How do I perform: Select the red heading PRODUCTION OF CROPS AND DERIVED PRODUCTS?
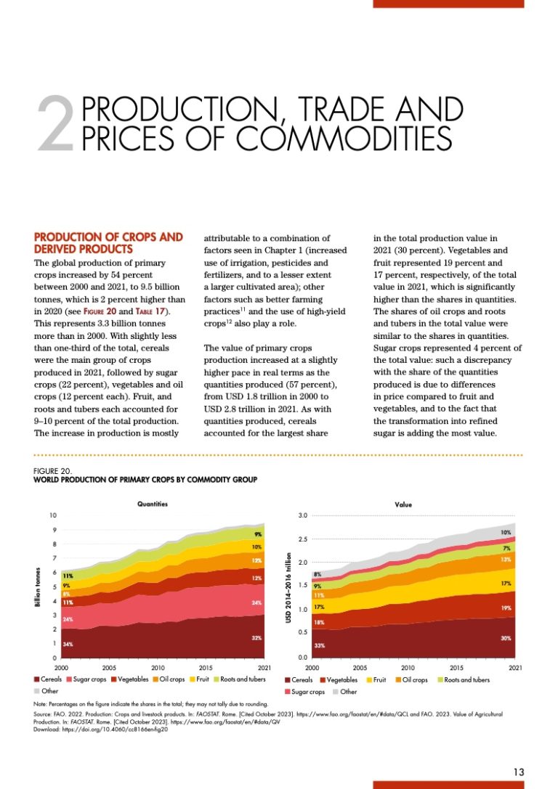[108, 242]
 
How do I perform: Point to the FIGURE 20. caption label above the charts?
[53, 470]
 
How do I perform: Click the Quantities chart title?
[153, 503]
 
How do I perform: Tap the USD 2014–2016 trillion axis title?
[288, 586]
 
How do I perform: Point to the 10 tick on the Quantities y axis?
[52, 515]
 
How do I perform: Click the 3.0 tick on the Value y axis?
[303, 515]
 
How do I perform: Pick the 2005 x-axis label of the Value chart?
[360, 667]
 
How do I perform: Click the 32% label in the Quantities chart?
[256, 638]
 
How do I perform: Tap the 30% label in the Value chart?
[506, 638]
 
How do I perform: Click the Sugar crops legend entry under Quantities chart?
[87, 680]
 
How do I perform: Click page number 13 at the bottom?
[517, 772]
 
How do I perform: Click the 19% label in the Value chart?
[506, 607]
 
